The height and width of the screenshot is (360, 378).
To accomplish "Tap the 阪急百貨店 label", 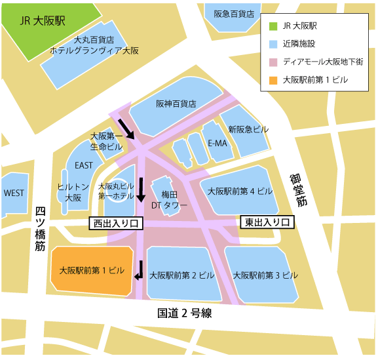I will click(x=235, y=13).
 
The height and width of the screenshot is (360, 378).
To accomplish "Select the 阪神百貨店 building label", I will click(x=176, y=104).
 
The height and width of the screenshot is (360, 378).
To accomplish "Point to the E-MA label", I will click(x=217, y=144).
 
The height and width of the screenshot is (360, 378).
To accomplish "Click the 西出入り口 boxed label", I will click(x=116, y=224).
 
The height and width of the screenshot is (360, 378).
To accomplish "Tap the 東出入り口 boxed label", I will click(x=267, y=222).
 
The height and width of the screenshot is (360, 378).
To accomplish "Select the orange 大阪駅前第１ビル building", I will click(x=92, y=270).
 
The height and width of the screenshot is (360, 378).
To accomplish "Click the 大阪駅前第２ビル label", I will click(x=182, y=275).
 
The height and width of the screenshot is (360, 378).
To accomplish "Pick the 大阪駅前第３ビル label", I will click(x=265, y=275).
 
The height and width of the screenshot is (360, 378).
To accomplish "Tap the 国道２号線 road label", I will click(x=184, y=313).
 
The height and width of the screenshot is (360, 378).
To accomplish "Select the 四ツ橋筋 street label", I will click(x=41, y=229).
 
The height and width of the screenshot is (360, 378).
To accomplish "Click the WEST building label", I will click(x=14, y=193).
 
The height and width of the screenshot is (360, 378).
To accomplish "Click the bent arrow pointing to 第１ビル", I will click(x=140, y=270).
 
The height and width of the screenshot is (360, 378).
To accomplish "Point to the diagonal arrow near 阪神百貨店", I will click(x=126, y=129).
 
